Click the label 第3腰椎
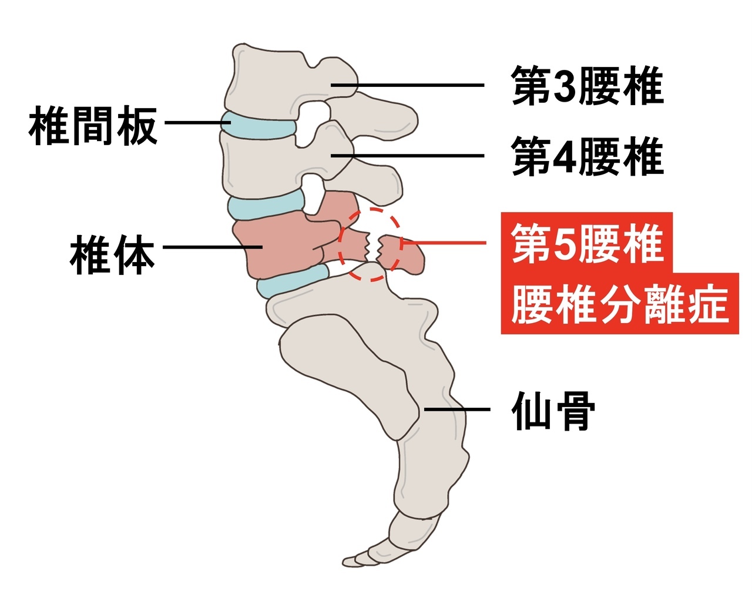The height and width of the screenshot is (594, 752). coord(587,86)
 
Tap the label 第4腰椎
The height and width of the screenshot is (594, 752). coord(587,157)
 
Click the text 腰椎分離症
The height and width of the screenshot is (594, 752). coord(620,304)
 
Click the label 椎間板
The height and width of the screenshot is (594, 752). coord(93,125)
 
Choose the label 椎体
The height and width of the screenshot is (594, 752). coord(112,255)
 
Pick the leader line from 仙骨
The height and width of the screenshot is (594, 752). coord(458,410)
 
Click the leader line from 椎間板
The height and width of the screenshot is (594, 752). coord(197,123)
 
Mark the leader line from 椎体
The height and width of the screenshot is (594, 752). coord(211,247)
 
